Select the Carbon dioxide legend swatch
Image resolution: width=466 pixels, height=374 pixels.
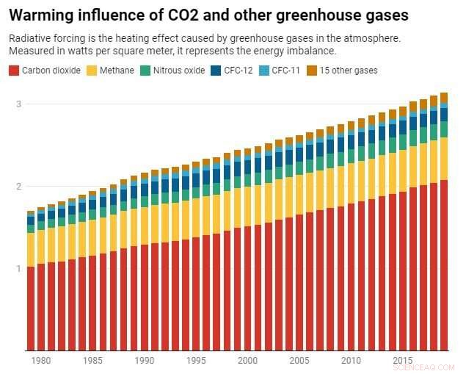point(13,71)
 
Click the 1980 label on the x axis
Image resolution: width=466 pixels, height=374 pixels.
point(41,361)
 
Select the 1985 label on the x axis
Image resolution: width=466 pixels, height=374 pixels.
point(92,361)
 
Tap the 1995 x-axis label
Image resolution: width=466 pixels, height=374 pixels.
point(196,361)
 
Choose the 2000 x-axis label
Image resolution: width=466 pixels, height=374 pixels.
point(247,361)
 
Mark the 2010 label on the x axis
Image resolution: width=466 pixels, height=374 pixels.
point(351,361)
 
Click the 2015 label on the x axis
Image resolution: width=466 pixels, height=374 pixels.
point(402,361)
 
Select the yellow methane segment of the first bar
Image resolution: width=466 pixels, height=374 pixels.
point(31,250)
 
